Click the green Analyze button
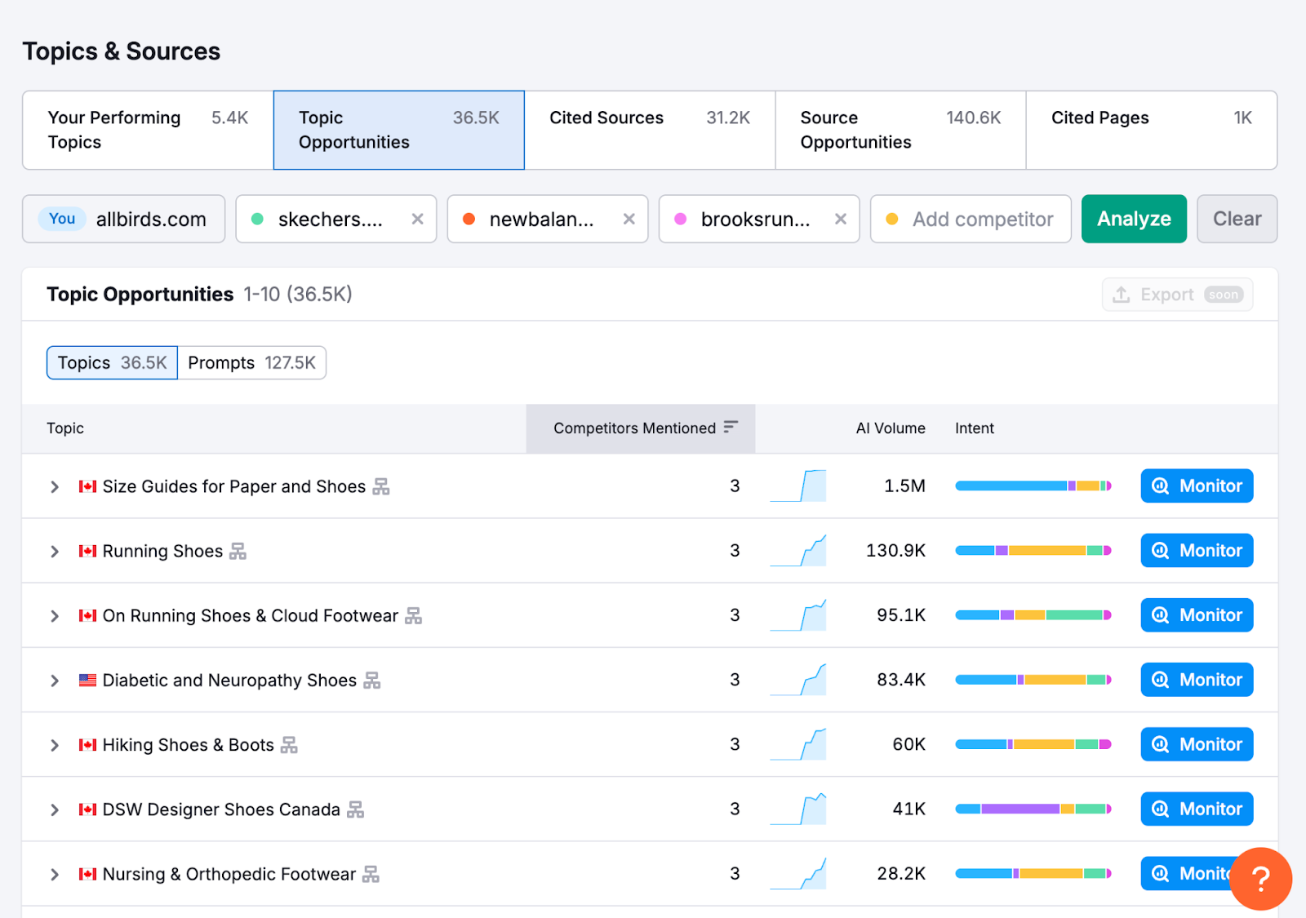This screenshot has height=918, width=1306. [1133, 219]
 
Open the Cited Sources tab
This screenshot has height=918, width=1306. [649, 130]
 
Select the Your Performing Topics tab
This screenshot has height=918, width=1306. [148, 130]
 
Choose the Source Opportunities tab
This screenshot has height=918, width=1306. [900, 130]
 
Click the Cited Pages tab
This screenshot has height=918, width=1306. [1150, 130]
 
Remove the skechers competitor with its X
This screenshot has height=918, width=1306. [417, 219]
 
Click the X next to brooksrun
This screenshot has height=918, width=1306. [840, 219]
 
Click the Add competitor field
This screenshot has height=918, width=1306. [982, 220]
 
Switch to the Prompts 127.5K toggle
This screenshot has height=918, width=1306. [251, 363]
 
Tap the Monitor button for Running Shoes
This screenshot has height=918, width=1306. [1196, 551]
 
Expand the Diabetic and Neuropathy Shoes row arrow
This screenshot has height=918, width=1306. [55, 681]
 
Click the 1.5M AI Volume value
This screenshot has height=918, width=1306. [904, 486]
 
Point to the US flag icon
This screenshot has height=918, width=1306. [87, 681]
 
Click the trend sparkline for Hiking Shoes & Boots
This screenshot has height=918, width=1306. [798, 744]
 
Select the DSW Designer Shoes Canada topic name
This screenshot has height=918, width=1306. [220, 809]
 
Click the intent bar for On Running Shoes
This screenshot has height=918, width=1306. [1033, 615]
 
